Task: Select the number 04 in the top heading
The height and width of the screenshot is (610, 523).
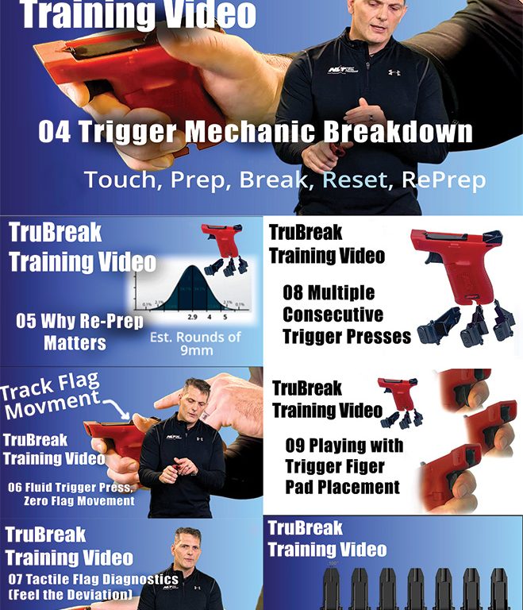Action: click(54, 132)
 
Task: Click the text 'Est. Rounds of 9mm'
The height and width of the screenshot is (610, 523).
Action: click(195, 342)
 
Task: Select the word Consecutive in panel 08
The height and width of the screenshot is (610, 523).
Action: click(333, 314)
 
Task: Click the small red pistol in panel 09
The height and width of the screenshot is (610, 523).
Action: click(396, 392)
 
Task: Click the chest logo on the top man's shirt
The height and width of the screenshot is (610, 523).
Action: click(342, 70)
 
